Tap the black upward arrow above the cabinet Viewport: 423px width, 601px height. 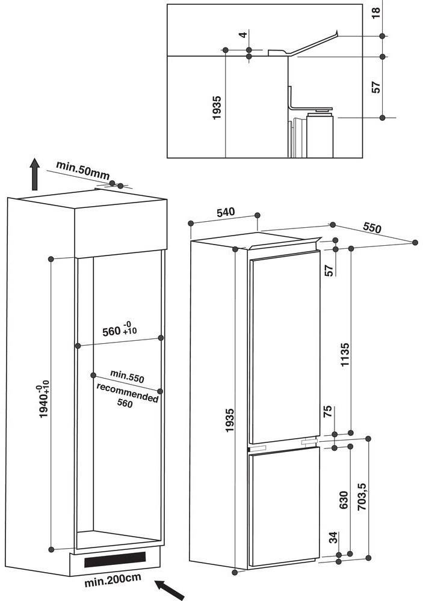[35, 174]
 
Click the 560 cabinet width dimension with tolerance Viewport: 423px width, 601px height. [119, 330]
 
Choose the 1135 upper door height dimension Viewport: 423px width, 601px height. [345, 359]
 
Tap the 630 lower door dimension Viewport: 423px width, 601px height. [344, 500]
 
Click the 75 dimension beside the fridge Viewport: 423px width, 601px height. [329, 412]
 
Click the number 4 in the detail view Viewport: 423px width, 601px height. [243, 35]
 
